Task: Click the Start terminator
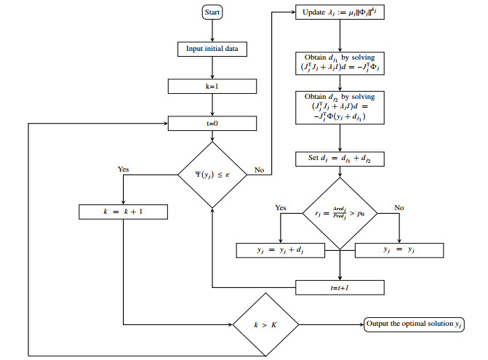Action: (x=212, y=12)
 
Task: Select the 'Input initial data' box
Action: (x=212, y=49)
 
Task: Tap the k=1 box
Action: (x=212, y=87)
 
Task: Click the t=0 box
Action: (x=212, y=124)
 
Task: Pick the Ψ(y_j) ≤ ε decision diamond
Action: (x=212, y=174)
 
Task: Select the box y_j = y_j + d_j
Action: (x=281, y=249)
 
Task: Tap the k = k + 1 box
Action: (x=124, y=212)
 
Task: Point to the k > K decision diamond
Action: (x=262, y=324)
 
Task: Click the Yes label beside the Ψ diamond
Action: (x=124, y=169)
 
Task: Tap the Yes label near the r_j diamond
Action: (x=281, y=207)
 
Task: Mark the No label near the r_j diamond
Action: (x=399, y=207)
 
